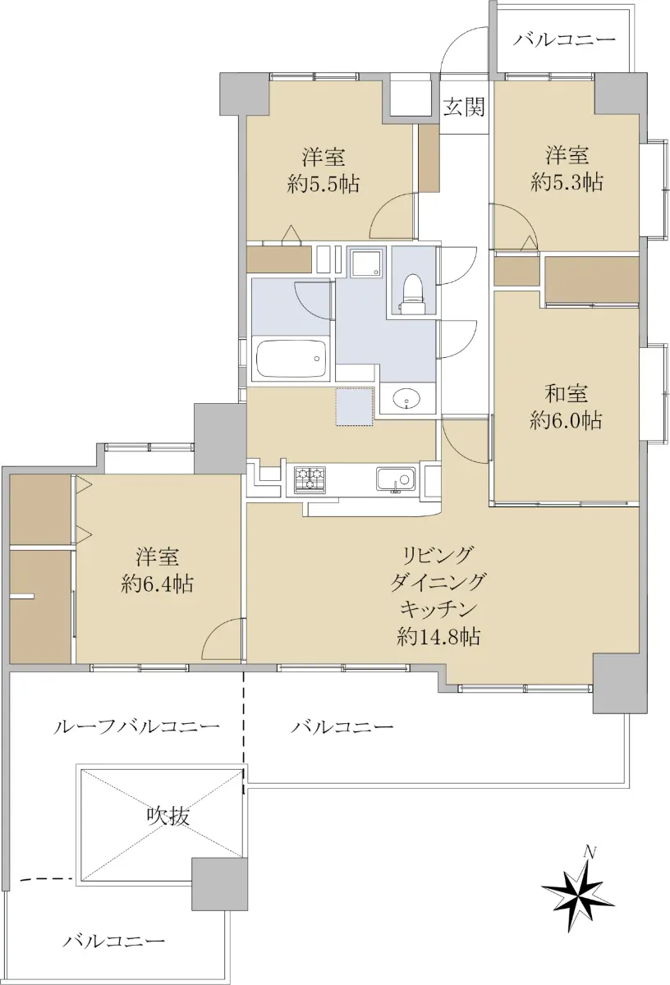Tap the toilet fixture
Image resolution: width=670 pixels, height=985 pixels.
[413, 294]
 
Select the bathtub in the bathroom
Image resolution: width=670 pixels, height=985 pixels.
[292, 359]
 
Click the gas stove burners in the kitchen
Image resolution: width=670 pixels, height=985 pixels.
[310, 479]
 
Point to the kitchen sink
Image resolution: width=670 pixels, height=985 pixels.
[395, 479]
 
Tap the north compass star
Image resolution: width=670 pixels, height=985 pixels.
[576, 894]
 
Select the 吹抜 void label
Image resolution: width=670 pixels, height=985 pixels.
[168, 816]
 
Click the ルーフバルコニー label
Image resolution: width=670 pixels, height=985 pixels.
[136, 726]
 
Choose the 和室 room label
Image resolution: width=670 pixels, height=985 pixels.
[567, 394]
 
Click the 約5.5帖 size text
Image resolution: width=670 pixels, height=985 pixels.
[324, 184]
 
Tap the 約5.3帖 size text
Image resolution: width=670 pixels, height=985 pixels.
[567, 182]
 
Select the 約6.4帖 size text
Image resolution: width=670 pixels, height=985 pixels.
[157, 584]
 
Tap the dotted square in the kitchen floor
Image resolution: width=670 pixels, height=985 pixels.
[355, 407]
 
